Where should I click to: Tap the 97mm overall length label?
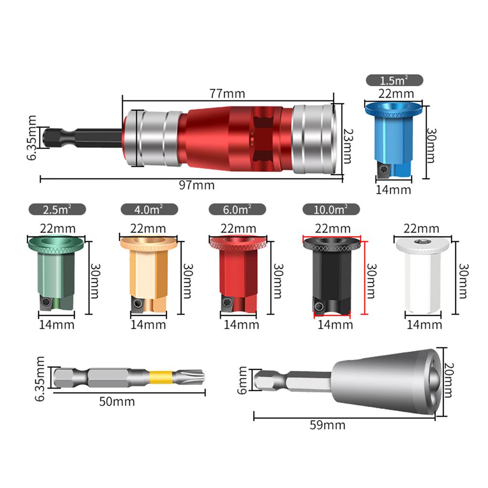click(197, 185)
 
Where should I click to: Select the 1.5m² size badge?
click(394, 80)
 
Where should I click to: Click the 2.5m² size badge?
click(57, 209)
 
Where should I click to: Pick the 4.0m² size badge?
click(149, 209)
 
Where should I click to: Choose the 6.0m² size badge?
click(237, 209)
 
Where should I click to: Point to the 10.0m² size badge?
click(331, 209)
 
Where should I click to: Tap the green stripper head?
click(56, 272)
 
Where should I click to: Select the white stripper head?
click(422, 274)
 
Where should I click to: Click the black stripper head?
click(331, 274)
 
